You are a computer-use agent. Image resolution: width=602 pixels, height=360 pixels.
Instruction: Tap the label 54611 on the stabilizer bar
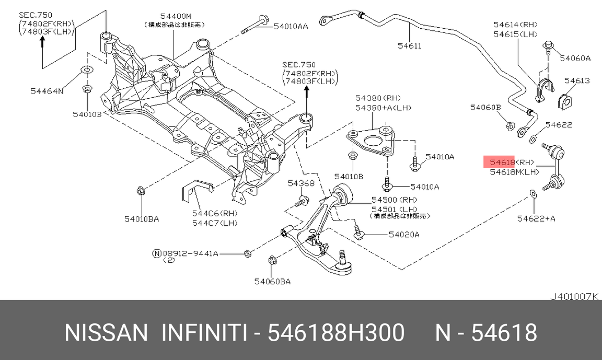click(409, 45)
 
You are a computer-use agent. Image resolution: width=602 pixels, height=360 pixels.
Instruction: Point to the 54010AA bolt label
click(291, 26)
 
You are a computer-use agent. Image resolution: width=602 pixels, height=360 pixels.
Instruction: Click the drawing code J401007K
click(573, 296)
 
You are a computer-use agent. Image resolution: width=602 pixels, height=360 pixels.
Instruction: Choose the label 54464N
click(47, 91)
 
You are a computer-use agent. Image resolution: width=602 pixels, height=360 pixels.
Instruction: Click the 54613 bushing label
click(577, 80)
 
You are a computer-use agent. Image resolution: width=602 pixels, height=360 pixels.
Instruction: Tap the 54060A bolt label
click(575, 58)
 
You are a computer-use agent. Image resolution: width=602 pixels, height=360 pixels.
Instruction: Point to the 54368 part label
click(300, 183)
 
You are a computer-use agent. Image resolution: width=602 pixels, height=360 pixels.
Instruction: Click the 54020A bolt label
click(404, 235)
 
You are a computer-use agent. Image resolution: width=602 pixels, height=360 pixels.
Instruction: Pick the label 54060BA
click(272, 282)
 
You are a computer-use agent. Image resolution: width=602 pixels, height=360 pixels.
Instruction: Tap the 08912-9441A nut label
click(190, 253)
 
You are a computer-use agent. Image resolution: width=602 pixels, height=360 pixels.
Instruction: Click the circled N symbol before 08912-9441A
click(156, 253)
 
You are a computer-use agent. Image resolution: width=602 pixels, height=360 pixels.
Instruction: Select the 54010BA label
click(141, 218)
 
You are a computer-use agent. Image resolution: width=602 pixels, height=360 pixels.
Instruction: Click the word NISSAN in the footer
click(106, 332)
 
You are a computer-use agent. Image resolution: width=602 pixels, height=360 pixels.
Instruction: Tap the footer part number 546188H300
click(335, 332)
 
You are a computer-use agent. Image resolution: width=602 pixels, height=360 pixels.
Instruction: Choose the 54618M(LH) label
click(514, 171)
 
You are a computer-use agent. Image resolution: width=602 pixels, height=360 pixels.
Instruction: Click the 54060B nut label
click(485, 107)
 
